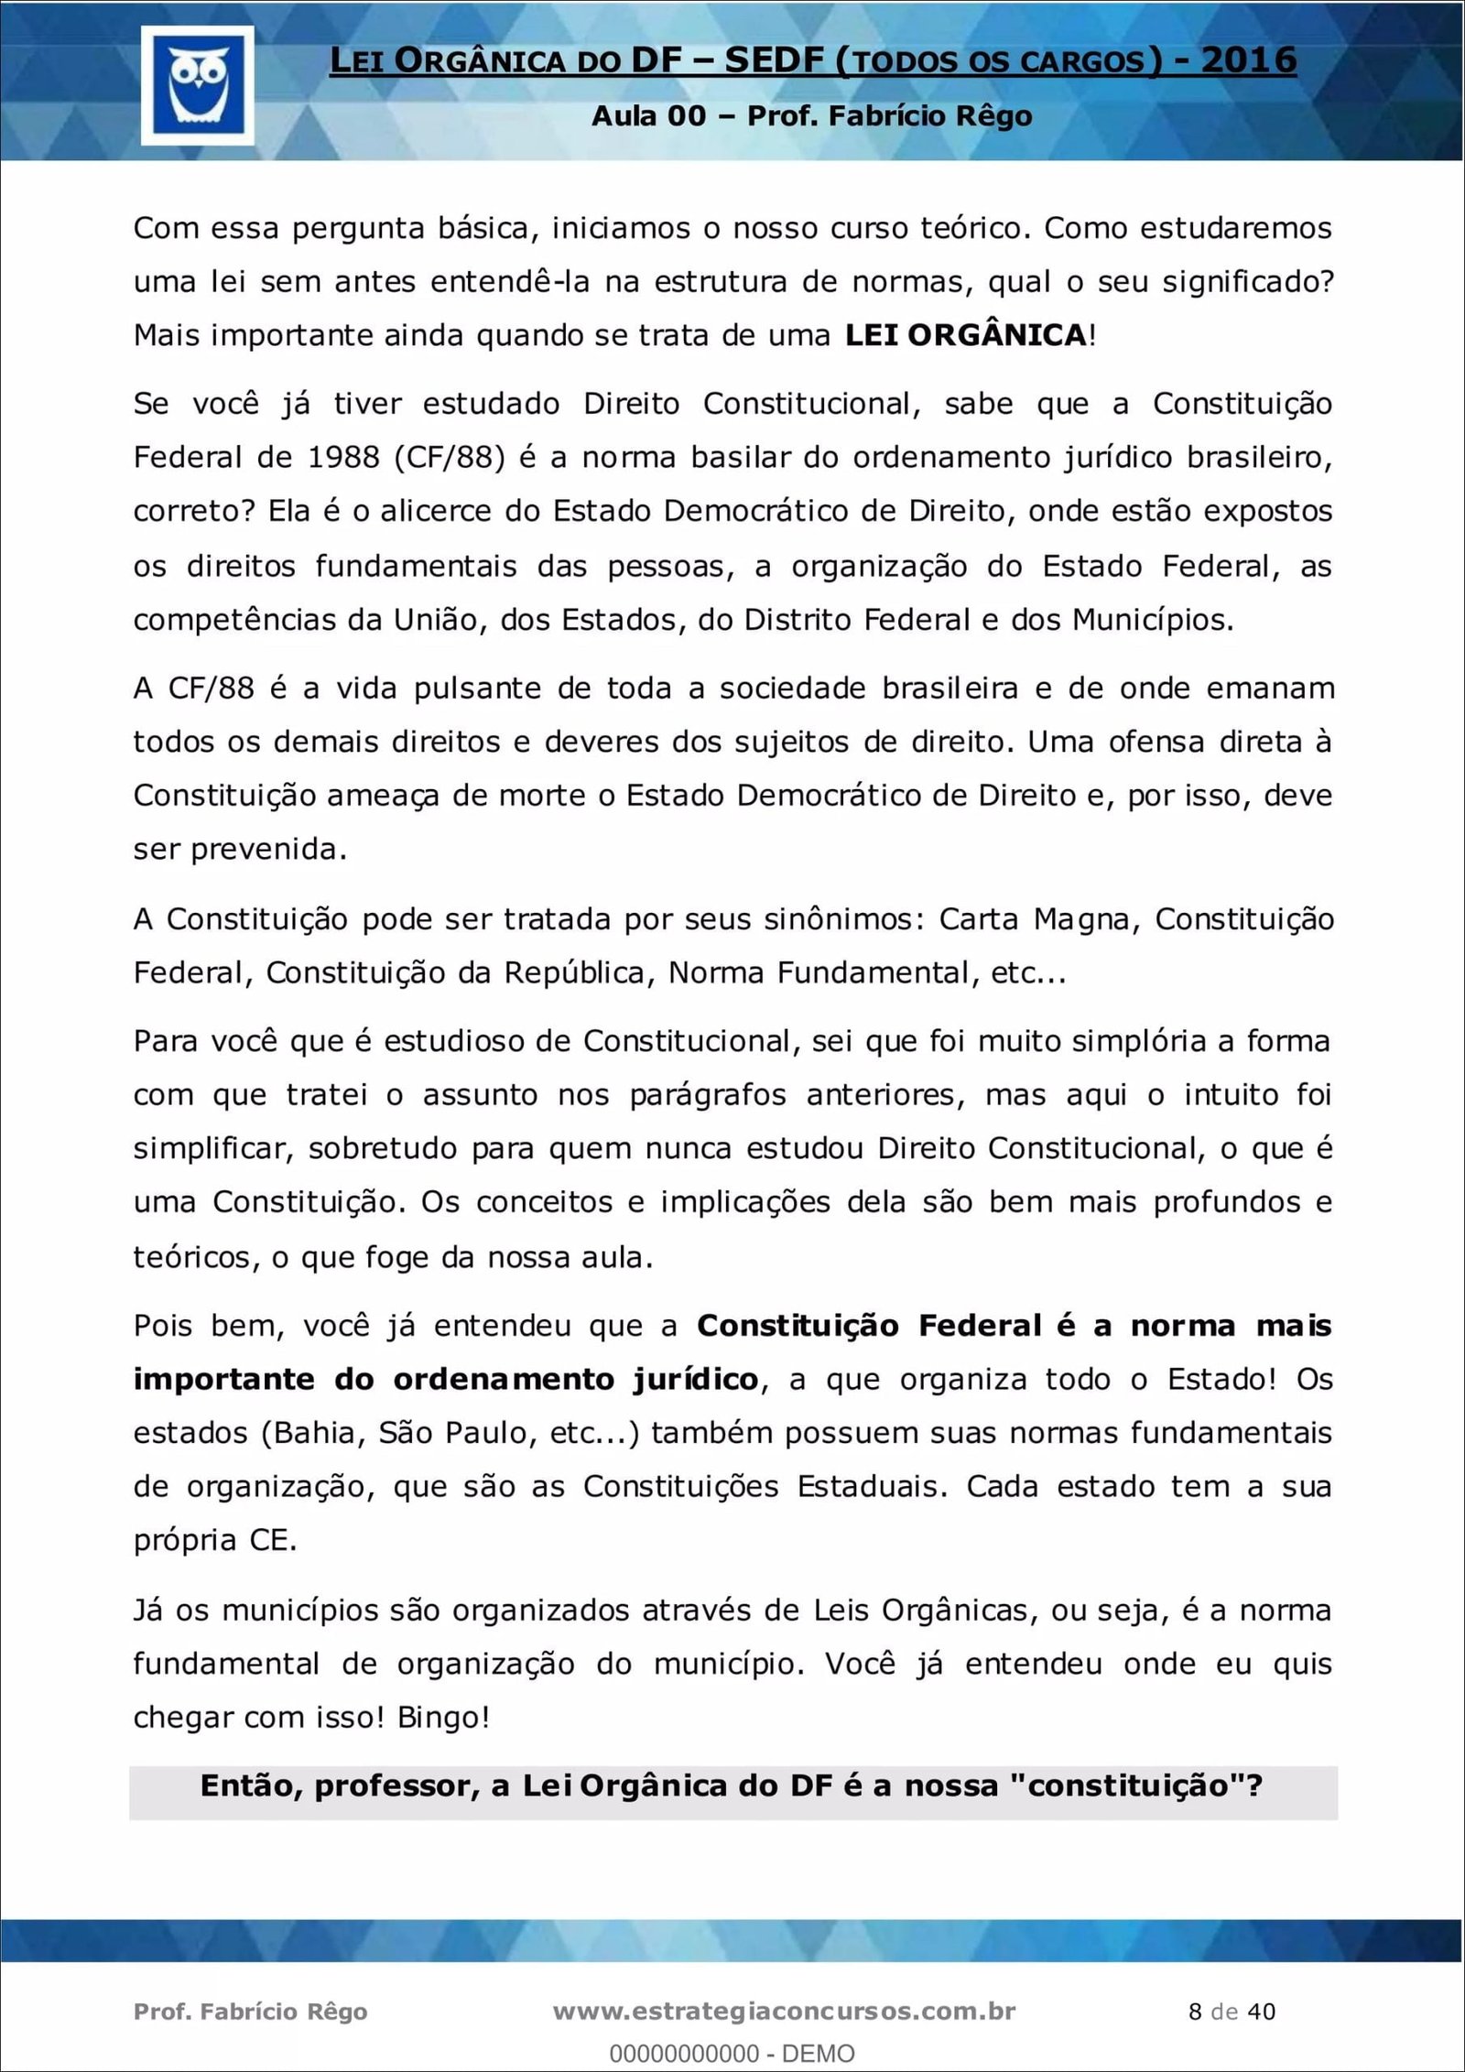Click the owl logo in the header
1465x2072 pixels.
(198, 84)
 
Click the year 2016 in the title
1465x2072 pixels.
(1248, 60)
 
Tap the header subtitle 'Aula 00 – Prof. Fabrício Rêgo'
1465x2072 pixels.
(811, 116)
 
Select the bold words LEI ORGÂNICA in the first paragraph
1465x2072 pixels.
(965, 335)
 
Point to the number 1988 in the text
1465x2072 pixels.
(343, 457)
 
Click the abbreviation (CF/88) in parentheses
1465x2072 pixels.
(450, 457)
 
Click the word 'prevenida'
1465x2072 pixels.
(267, 850)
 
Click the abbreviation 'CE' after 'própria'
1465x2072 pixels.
(271, 1540)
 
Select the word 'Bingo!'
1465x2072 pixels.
(443, 1717)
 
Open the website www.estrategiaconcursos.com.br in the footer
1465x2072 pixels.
(785, 2011)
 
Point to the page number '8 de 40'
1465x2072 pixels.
(1232, 2011)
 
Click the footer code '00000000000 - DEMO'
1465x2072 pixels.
(732, 2053)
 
